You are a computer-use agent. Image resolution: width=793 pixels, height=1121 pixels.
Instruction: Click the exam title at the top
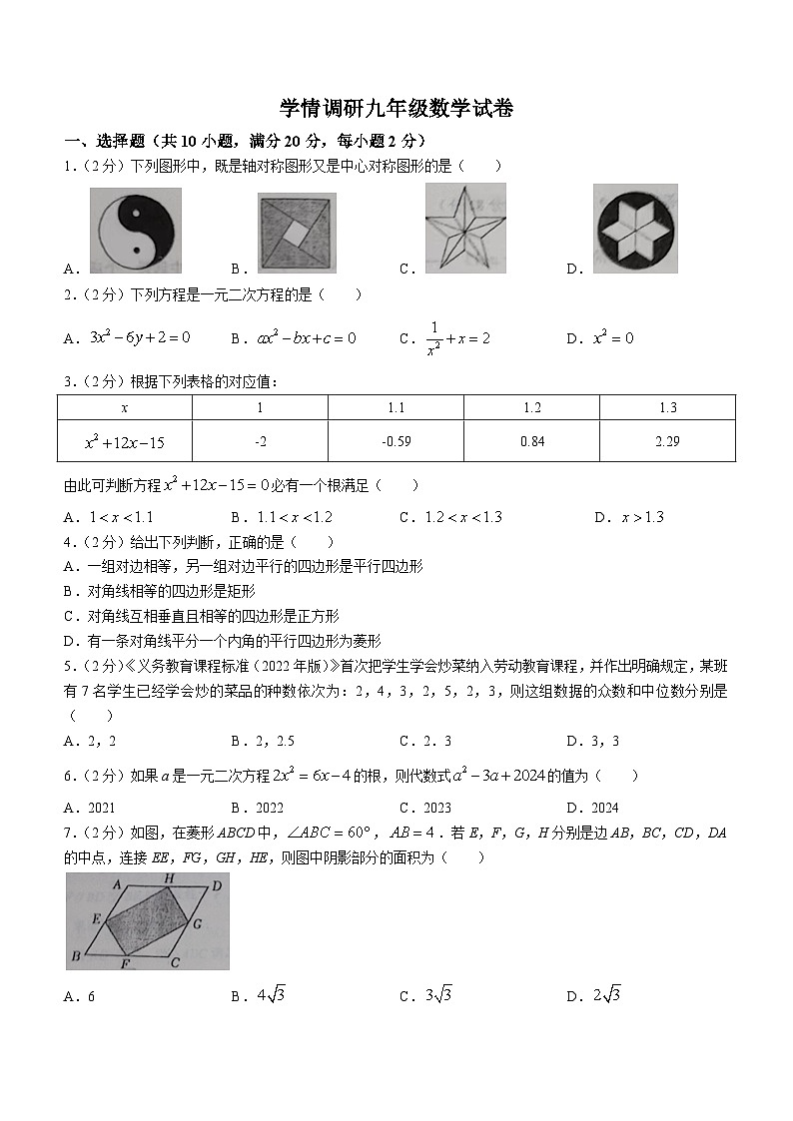(396, 109)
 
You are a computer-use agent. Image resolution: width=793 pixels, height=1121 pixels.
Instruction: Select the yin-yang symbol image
(135, 231)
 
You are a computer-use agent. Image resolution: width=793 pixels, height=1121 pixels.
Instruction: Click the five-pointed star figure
(464, 228)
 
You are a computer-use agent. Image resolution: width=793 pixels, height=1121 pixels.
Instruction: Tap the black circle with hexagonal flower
(635, 229)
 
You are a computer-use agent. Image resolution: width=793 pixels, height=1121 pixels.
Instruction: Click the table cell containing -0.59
(396, 441)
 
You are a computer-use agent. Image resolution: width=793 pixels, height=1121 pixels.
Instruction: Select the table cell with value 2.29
(667, 441)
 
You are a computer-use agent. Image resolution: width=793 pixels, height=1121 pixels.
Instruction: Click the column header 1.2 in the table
(531, 407)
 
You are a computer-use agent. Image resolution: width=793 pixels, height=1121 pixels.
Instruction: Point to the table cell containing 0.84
(531, 441)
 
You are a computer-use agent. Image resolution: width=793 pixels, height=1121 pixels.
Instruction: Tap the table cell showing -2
(260, 441)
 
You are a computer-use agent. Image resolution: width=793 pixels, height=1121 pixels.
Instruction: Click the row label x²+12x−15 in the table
(124, 441)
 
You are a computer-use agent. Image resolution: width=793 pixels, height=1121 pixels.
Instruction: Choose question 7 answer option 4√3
(271, 995)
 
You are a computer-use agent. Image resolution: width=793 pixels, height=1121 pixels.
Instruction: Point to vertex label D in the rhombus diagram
(216, 883)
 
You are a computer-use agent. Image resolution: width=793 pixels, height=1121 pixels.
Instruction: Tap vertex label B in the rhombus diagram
(75, 959)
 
